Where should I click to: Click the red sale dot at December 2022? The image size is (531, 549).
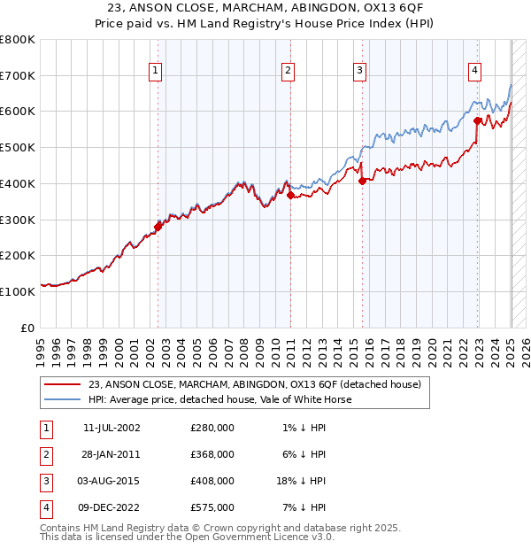(x=477, y=120)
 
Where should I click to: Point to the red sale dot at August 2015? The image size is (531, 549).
(x=362, y=181)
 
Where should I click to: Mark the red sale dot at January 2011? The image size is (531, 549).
(x=290, y=195)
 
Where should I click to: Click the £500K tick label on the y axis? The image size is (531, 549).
(x=18, y=148)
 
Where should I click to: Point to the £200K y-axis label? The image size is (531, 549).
(x=18, y=256)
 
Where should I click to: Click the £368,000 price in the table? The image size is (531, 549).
(x=212, y=454)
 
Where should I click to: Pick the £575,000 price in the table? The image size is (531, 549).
(x=212, y=507)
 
